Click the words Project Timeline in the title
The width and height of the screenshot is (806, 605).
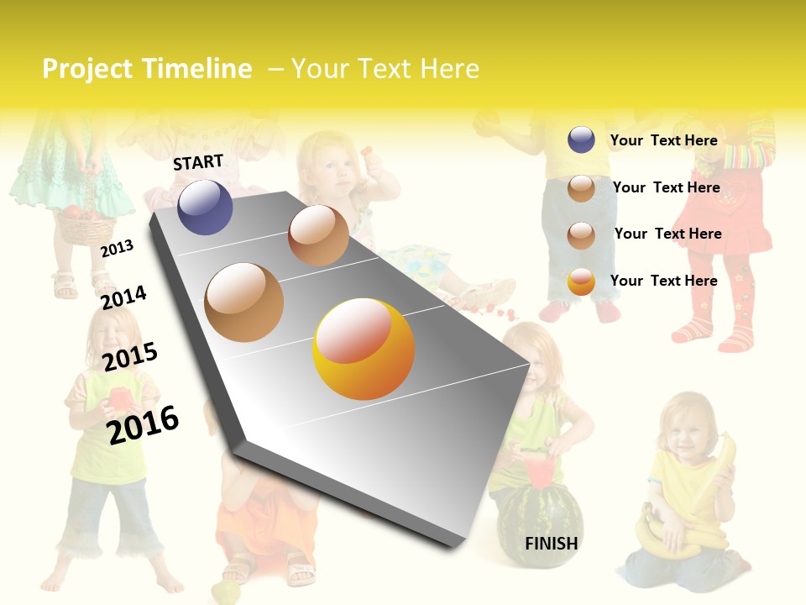[x=147, y=69]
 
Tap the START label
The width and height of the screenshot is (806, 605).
[x=198, y=162]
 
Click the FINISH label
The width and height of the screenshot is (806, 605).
[x=552, y=544]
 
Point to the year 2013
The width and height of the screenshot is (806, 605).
[x=117, y=248]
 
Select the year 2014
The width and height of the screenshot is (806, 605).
[x=123, y=297]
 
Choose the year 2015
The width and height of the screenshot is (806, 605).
[x=130, y=356]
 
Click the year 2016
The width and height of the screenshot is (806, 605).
[x=143, y=424]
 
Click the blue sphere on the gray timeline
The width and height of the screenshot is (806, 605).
[x=205, y=207]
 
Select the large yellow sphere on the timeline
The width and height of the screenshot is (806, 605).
[x=364, y=349]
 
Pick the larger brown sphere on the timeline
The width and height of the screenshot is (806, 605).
[x=244, y=302]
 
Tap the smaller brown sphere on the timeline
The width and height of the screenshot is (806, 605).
[x=318, y=235]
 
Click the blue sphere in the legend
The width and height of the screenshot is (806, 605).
[x=581, y=140]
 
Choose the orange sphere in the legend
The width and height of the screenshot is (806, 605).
[x=581, y=281]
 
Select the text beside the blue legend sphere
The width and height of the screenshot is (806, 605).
[x=663, y=140]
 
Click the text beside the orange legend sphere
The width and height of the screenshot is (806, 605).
[x=663, y=281]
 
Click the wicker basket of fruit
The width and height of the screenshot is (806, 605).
[x=84, y=224]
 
